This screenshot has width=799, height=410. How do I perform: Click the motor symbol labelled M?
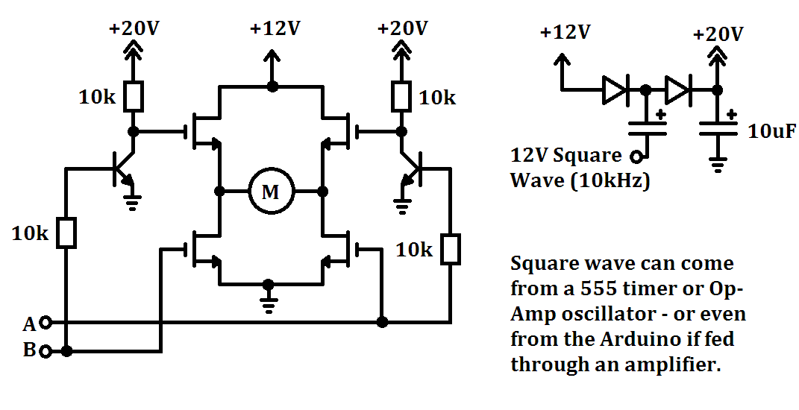271,192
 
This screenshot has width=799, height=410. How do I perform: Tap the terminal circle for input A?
46,322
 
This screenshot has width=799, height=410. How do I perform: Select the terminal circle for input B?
46,351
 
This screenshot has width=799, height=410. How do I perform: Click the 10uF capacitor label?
771,131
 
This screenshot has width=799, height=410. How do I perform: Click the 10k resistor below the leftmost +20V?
134,96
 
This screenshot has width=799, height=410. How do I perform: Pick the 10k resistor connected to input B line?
66,233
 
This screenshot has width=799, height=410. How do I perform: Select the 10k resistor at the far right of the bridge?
451,250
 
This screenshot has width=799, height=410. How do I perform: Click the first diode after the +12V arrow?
615,90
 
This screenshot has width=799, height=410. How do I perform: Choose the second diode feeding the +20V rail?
677,90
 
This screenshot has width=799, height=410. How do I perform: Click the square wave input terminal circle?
636,157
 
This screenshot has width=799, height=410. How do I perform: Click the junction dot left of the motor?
219,192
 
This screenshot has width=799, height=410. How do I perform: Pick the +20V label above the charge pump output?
718,34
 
